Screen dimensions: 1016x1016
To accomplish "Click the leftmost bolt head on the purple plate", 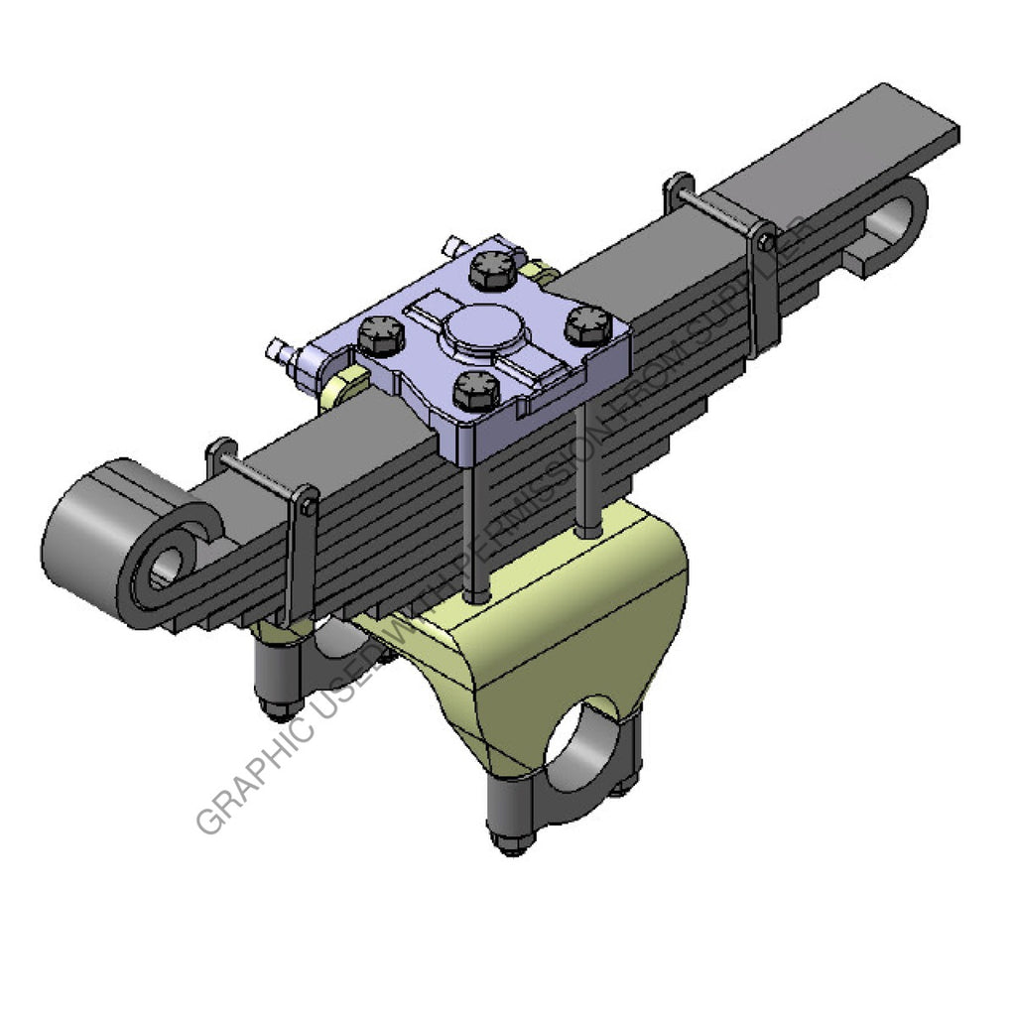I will [x=380, y=335].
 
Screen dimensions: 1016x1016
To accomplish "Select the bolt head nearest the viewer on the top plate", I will [x=475, y=389].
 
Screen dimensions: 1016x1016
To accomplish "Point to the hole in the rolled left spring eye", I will [x=166, y=568].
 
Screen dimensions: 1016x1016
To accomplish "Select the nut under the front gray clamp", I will [x=510, y=843].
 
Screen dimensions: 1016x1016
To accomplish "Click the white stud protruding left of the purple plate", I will [x=279, y=349].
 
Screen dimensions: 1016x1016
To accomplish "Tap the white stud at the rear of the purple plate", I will [x=453, y=244].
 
